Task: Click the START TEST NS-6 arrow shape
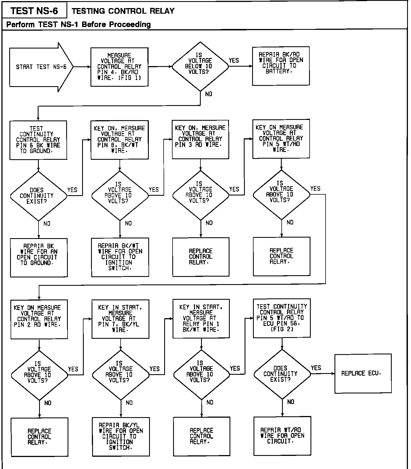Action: tap(40, 67)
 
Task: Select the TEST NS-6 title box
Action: tap(34, 11)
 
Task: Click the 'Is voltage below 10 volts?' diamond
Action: tap(200, 66)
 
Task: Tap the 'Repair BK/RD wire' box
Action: tap(281, 66)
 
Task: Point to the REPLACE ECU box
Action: tap(363, 373)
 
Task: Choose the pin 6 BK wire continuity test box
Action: tap(38, 140)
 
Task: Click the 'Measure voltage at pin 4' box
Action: tap(119, 67)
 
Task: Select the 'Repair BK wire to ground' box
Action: tap(39, 257)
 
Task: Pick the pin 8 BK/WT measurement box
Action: tap(120, 140)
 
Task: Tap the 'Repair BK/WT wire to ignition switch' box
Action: tap(120, 257)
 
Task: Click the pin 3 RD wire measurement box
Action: tap(200, 139)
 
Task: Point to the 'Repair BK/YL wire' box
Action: tap(121, 436)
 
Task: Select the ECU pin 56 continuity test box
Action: tap(281, 318)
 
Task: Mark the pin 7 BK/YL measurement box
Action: tap(120, 319)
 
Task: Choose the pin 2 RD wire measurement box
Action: tap(39, 319)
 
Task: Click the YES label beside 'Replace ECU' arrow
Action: tap(316, 368)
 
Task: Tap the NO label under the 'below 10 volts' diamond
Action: tap(209, 94)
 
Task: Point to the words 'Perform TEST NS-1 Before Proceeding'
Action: tap(78, 25)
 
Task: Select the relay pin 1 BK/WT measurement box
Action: tap(201, 318)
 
